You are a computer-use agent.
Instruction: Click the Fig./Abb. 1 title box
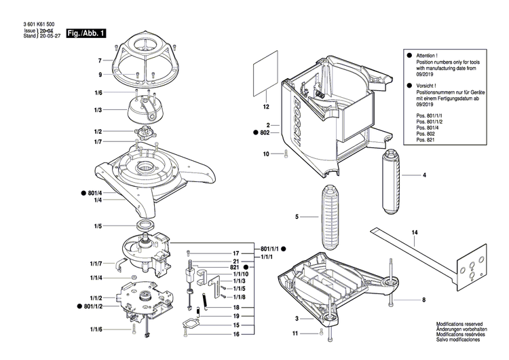coord(86,33)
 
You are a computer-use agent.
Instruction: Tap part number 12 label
coord(266,107)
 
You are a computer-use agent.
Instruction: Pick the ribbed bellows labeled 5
coord(334,217)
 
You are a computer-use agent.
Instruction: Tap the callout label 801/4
coord(95,193)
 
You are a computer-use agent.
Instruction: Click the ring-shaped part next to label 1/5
coord(145,225)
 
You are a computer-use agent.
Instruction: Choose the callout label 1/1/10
coord(241,274)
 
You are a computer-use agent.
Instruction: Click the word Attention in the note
coord(428,55)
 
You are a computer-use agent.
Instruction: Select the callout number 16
coord(236,334)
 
